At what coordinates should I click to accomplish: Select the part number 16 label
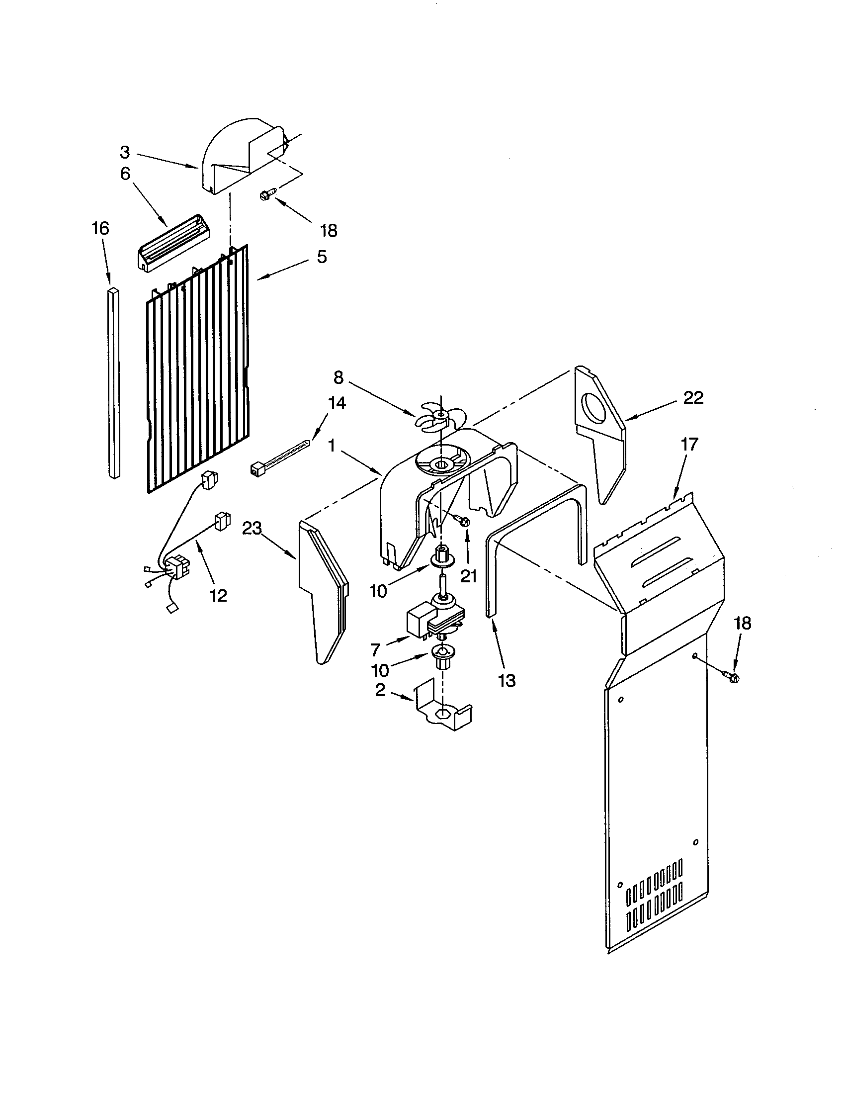pos(100,228)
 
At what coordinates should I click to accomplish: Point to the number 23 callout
pos(253,529)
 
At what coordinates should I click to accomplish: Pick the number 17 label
pos(689,444)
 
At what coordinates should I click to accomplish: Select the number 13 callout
pos(506,680)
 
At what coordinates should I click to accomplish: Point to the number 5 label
pos(322,257)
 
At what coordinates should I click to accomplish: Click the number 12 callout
pos(219,595)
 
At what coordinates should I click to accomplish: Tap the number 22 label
pos(693,398)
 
